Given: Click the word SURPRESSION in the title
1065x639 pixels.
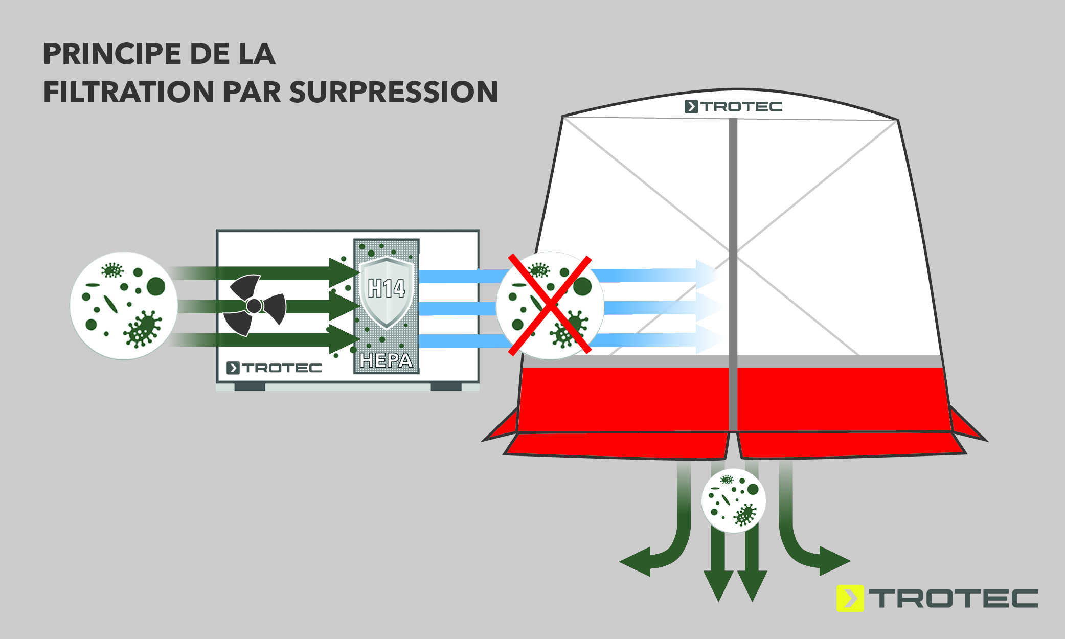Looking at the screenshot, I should coord(393,92).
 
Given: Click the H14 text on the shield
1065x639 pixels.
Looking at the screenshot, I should coord(387,289).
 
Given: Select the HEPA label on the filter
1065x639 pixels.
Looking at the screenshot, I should coord(386,360).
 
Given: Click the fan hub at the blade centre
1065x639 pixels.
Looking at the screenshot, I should coord(254,306).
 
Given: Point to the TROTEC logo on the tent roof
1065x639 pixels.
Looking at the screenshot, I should coord(734,107).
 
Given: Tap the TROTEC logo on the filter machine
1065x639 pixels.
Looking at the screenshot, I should coord(274,368).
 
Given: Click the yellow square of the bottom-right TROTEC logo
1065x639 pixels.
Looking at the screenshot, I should coord(850,598).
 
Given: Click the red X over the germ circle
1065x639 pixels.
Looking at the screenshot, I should coord(550,305).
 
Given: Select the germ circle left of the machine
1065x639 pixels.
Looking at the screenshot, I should coord(124,306).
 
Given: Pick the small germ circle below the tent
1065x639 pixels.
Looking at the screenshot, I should coord(734,500).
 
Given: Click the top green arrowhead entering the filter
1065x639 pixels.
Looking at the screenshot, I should coord(344,272).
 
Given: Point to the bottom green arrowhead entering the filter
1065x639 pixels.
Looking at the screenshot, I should coord(344,339).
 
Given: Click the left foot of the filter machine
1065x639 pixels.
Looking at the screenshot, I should coord(250,387).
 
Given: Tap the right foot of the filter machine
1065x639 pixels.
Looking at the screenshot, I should coord(446,387).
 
